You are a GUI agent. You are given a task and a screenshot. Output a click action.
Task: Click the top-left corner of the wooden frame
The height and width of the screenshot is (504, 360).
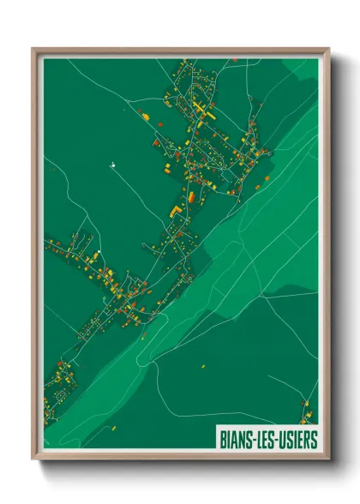click(x=33, y=49)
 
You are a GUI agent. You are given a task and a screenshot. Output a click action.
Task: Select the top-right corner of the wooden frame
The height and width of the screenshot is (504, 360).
click(x=328, y=49)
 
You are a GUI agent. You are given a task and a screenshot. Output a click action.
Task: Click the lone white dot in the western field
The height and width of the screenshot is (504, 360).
click(x=111, y=162)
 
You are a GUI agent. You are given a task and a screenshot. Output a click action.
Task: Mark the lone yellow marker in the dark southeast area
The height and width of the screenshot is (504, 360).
click(x=204, y=366)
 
